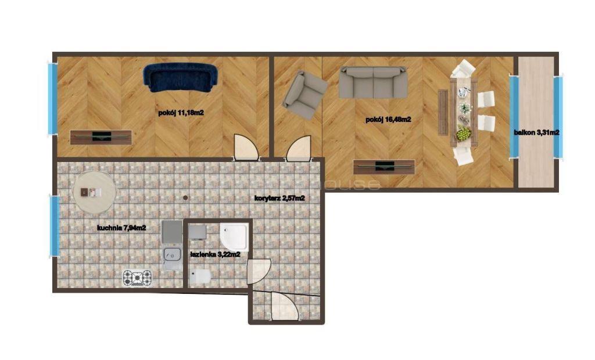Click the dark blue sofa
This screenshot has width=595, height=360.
tap(180, 78)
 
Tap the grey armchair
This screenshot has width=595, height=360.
tap(305, 95)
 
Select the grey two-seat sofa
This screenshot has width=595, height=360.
tap(373, 82)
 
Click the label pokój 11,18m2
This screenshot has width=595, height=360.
tap(181, 113)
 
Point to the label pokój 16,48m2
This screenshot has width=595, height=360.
tap(388, 120)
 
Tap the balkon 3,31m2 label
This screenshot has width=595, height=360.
tap(536, 132)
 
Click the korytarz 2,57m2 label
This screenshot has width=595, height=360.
tap(279, 198)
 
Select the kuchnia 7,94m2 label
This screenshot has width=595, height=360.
tap(121, 228)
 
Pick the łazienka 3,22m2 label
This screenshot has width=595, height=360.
tap(215, 254)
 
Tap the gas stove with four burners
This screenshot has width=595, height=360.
tap(137, 278)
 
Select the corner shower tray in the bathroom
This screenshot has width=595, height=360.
tap(234, 237)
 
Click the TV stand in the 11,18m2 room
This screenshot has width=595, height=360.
tap(101, 137)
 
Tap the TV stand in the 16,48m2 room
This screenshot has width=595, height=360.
tap(383, 167)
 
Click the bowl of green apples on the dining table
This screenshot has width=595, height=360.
tap(464, 134)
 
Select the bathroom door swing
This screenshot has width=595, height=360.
tap(259, 271)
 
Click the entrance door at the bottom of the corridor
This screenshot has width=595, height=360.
tap(285, 307)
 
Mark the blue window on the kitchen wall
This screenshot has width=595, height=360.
tap(55, 226)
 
